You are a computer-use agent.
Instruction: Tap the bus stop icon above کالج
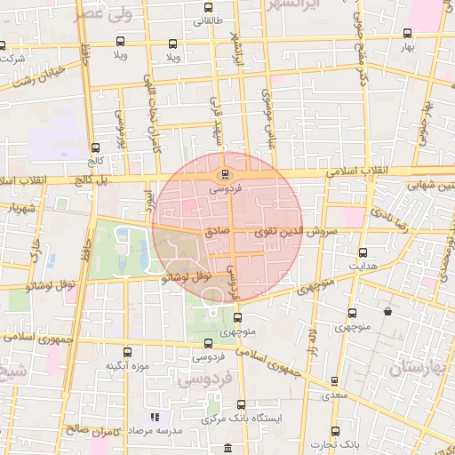pyautogui.click(x=96, y=148)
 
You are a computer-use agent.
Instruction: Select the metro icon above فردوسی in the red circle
pyautogui.click(x=224, y=174)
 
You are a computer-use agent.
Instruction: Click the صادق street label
pyautogui.click(x=218, y=229)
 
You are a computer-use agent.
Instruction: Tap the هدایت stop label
pyautogui.click(x=363, y=266)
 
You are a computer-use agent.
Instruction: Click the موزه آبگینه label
pyautogui.click(x=127, y=365)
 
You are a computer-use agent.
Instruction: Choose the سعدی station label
pyautogui.click(x=334, y=394)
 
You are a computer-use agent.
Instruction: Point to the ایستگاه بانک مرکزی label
pyautogui.click(x=243, y=418)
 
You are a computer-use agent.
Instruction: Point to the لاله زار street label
pyautogui.click(x=313, y=339)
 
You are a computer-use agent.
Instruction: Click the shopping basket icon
pyautogui.click(x=387, y=312)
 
